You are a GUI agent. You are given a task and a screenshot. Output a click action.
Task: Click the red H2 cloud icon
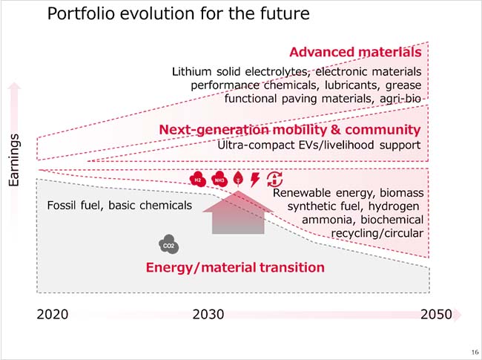coord(198,179)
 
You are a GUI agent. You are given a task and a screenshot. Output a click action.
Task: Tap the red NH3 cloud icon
coord(219,179)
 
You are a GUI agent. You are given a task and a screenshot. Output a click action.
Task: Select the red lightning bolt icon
coord(255,179)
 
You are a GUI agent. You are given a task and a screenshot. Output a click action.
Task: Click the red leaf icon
coord(238,179)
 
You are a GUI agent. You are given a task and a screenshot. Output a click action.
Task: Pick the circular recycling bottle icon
coord(274,179)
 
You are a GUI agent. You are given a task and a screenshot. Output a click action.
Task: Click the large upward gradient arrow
coord(235,213)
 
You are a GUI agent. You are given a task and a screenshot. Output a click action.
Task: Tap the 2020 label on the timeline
coord(52,314)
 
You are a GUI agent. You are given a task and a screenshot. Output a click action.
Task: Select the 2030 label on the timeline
coord(208,314)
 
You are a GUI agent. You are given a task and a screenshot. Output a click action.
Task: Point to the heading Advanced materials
coord(355,52)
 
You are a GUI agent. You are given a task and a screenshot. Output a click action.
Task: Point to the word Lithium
coord(191,72)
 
